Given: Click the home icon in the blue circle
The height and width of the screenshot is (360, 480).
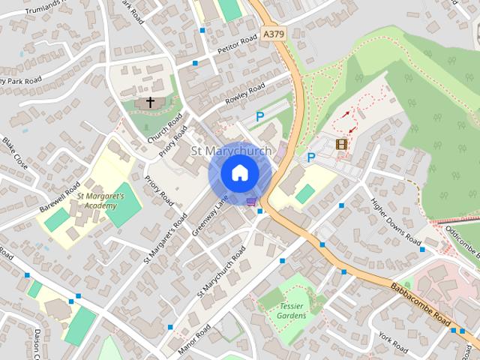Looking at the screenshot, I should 239,173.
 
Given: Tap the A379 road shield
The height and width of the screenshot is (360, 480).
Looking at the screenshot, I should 273,34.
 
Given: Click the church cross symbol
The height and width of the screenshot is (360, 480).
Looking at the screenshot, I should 150,102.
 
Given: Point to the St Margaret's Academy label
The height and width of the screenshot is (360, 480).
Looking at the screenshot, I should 99,201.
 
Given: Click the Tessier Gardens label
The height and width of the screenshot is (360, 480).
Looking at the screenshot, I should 292,310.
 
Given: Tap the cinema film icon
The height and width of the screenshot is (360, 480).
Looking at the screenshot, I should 342,143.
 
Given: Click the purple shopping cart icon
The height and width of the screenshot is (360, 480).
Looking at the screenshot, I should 251,200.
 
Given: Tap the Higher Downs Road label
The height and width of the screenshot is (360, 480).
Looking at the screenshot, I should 396,222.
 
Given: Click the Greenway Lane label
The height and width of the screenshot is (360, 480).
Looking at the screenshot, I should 209,217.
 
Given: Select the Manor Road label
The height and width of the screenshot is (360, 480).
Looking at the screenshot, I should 194,340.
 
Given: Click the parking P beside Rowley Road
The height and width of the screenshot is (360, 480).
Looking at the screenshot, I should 260,116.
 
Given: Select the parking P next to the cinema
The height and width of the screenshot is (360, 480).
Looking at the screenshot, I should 311,157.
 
